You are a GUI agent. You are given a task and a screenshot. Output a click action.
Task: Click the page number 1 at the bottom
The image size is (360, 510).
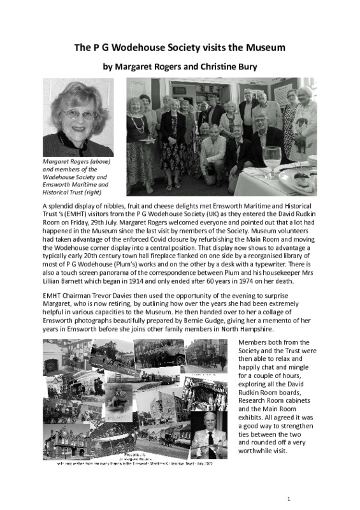[x=289, y=498]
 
